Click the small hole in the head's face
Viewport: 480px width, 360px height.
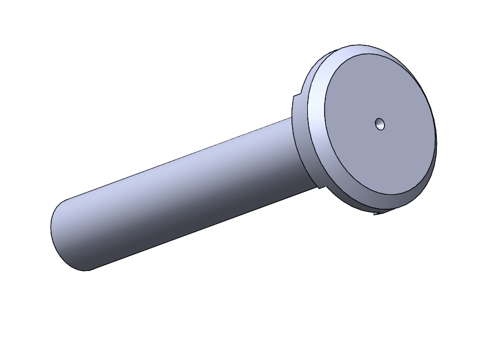pos(380,123)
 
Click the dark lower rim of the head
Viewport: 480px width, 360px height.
pos(401,201)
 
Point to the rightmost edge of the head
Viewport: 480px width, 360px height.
pos(436,140)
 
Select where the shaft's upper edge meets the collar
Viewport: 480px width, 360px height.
pos(290,118)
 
